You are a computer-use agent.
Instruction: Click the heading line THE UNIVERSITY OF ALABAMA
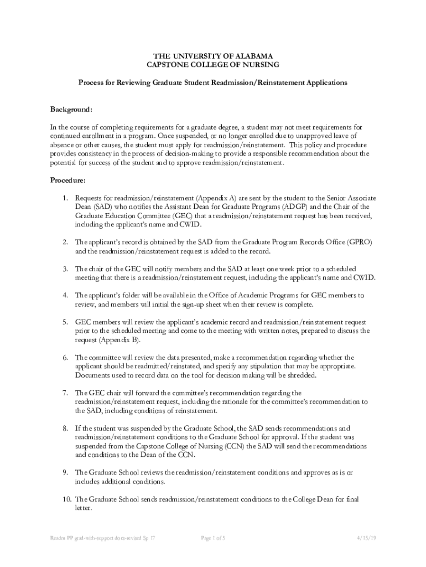coord(212,56)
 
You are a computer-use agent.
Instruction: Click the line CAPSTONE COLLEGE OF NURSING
coord(212,65)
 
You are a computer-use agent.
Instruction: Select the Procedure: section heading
coord(68,181)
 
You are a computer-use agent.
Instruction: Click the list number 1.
coord(65,198)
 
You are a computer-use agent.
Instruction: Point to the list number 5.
coord(65,322)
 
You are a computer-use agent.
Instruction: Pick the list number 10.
coord(66,499)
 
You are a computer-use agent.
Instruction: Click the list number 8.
coord(65,429)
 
